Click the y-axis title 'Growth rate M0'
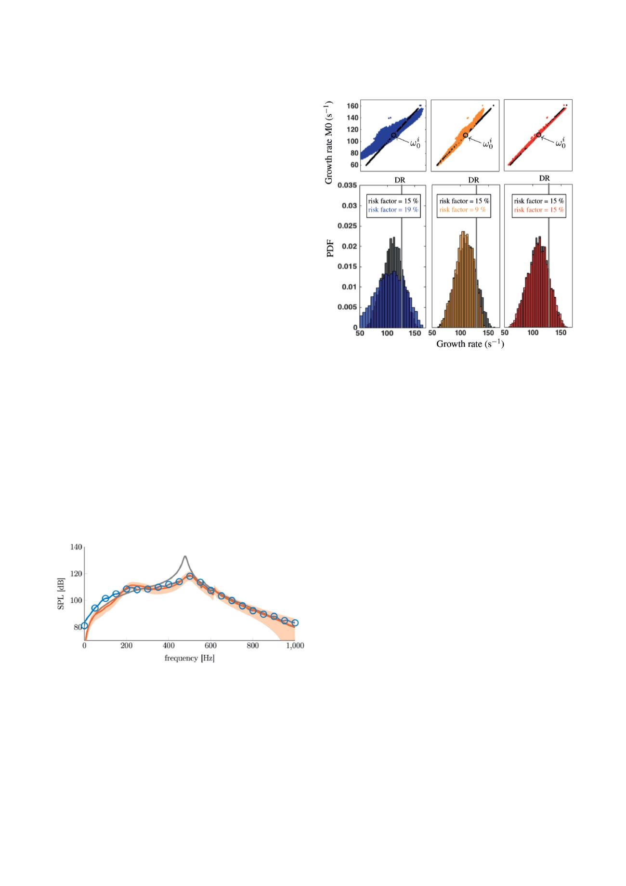pos(329,142)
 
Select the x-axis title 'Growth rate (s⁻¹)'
pos(469,344)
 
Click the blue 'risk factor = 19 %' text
pos(393,210)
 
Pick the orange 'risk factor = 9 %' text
pos(462,210)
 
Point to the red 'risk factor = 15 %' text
pos(539,210)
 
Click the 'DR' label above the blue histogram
pos(400,180)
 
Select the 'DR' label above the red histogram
pos(544,178)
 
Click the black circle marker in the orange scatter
pos(465,135)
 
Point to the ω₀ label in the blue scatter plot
pos(415,144)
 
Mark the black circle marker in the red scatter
pos(539,135)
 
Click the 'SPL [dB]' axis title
pos(61,596)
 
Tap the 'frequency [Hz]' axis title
pos(189,658)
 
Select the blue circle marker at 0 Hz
pos(85,625)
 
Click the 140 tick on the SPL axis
pos(76,547)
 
